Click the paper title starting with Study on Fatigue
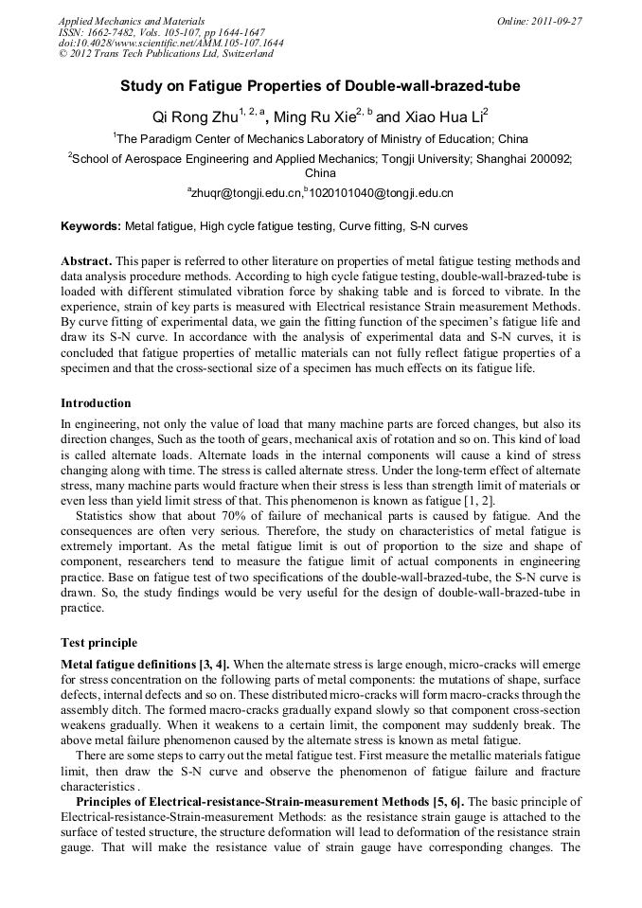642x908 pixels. (320, 86)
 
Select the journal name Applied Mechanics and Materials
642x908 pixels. (132, 21)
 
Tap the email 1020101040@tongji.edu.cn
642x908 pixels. (382, 193)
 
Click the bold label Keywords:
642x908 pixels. (91, 227)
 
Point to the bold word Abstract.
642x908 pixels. (86, 260)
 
